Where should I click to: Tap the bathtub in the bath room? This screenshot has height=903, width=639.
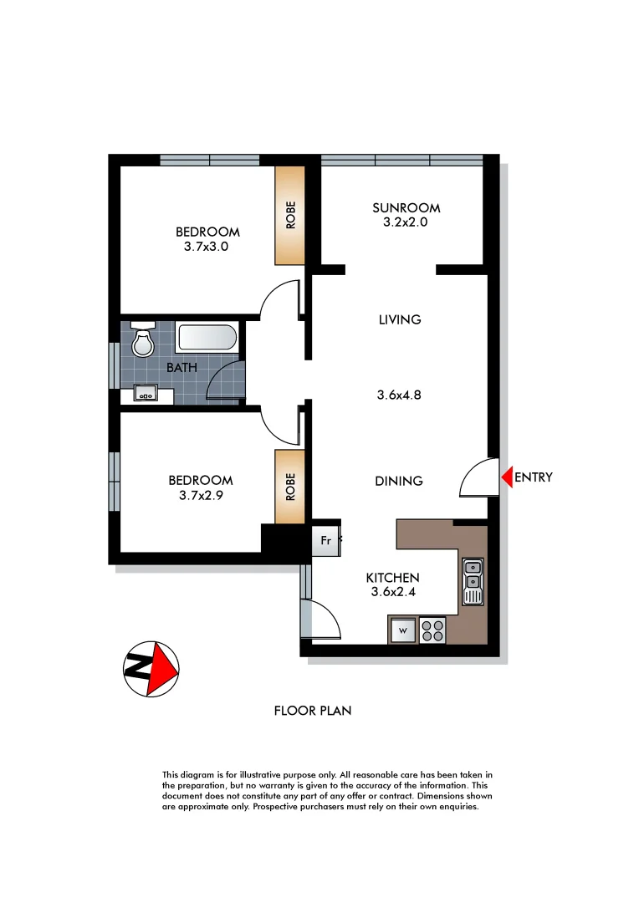(x=207, y=339)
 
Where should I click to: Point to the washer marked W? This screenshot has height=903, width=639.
(x=402, y=630)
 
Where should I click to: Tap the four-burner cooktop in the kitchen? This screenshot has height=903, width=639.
(x=432, y=630)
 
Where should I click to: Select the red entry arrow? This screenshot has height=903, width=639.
(x=506, y=477)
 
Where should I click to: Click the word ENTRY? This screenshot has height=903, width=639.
(x=533, y=477)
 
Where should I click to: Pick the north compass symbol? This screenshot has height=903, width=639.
(x=151, y=668)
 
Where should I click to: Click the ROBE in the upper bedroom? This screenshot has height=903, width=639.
(x=290, y=216)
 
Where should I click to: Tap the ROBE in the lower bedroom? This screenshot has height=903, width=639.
(x=290, y=487)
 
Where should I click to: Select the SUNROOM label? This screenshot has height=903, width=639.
(x=406, y=208)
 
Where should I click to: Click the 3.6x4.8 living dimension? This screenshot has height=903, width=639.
(x=399, y=395)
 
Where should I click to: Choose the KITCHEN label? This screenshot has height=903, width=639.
(x=392, y=578)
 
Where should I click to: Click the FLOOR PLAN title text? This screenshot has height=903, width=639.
(x=313, y=712)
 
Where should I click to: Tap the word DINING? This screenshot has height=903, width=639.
(x=399, y=481)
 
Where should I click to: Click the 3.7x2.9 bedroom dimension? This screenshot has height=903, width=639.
(x=200, y=494)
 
